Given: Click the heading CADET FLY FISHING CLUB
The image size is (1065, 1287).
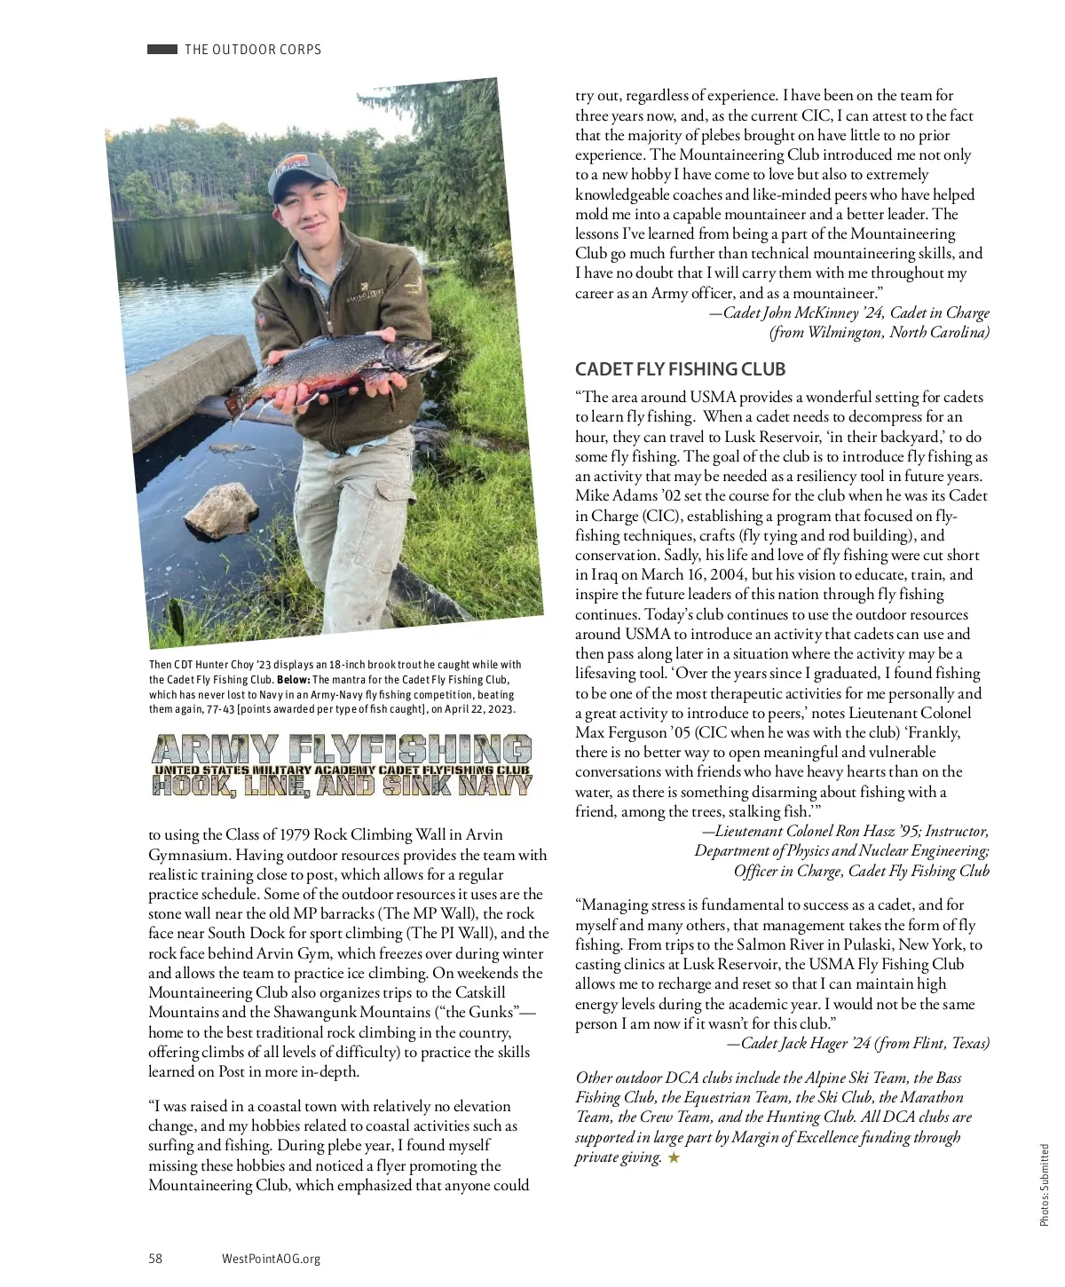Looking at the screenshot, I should coord(680,369).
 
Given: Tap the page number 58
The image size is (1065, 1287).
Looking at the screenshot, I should coord(155,1258).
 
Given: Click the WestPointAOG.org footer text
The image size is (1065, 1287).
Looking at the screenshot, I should coord(271,1258).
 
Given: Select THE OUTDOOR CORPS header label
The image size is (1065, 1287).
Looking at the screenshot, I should coord(253,50).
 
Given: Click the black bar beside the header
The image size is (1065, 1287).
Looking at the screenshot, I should coord(162,50).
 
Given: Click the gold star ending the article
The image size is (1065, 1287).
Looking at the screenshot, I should coord(674,1157).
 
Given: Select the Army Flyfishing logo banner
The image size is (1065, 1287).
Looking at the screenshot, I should coord(342,764).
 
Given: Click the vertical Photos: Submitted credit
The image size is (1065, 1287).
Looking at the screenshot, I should coord(1045,1185).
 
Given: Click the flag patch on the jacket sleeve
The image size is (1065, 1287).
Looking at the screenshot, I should coord(262,317).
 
